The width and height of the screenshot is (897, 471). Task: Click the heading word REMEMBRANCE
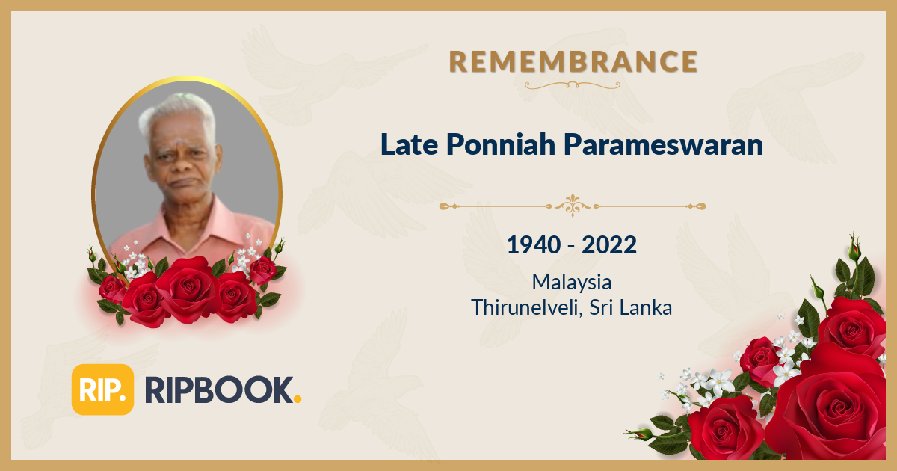pyautogui.click(x=573, y=61)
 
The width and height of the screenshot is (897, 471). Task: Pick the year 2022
pyautogui.click(x=610, y=244)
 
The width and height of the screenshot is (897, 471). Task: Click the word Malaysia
pyautogui.click(x=572, y=282)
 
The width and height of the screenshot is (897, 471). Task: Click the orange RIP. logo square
pyautogui.click(x=102, y=390)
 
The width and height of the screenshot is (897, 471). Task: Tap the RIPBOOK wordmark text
pyautogui.click(x=218, y=390)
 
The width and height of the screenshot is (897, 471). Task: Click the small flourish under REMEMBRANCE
pyautogui.click(x=573, y=85)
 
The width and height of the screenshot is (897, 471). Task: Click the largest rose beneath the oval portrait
pyautogui.click(x=186, y=288)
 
